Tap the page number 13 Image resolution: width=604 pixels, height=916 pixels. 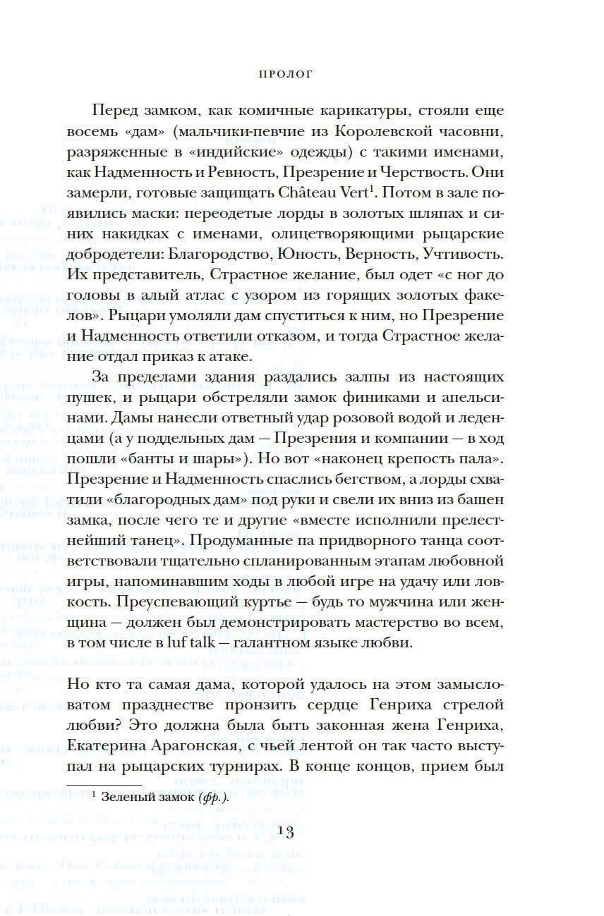pyautogui.click(x=285, y=833)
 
